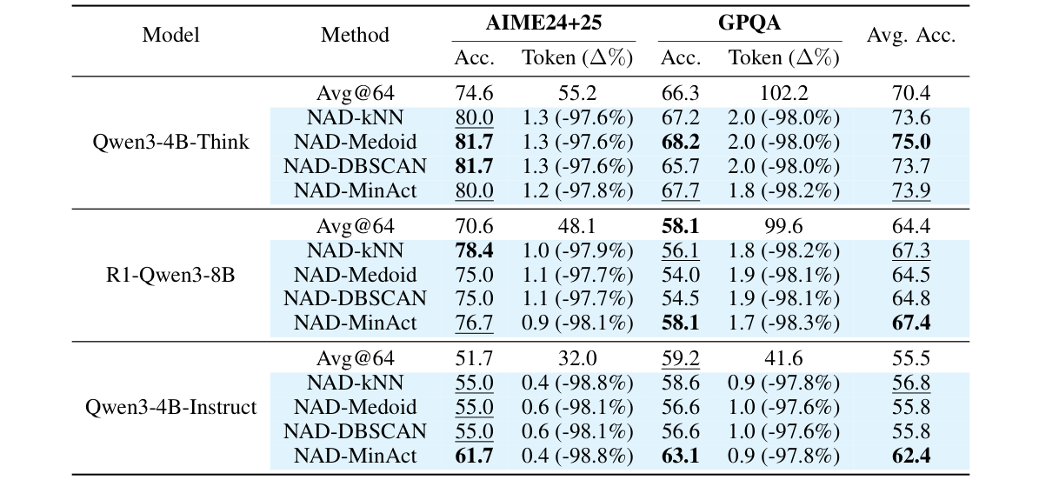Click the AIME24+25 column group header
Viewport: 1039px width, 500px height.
(543, 23)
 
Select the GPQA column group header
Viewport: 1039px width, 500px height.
(749, 23)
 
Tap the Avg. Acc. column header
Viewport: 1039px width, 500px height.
(910, 36)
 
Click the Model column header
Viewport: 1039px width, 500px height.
(170, 36)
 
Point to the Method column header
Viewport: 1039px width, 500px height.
(355, 36)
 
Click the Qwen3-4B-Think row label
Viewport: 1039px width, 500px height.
(170, 142)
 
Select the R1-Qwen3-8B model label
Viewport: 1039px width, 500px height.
(170, 275)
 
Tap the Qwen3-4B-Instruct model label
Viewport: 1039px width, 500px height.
(170, 407)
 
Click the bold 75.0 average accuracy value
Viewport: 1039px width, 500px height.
(910, 142)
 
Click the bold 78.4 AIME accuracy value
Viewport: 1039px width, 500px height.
(474, 250)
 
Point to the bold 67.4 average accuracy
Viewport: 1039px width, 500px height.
(910, 323)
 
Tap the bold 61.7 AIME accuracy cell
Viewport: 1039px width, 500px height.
(474, 455)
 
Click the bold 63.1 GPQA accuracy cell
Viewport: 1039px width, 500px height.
(681, 455)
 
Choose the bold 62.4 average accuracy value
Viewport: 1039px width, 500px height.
(910, 455)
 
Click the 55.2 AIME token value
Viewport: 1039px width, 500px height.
(577, 94)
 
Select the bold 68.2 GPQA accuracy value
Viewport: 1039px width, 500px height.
(681, 142)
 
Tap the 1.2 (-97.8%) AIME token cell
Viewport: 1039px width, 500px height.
(577, 190)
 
